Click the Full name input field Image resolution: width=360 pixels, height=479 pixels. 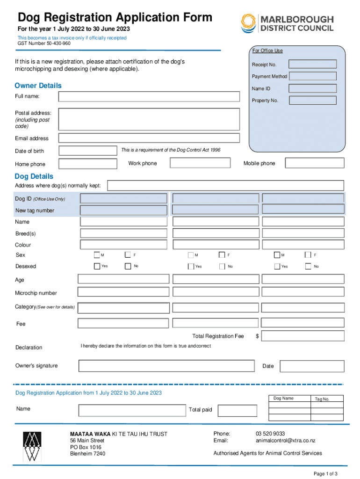click(149, 96)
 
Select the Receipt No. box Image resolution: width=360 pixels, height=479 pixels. click(312, 65)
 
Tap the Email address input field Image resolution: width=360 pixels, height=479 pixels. click(149, 138)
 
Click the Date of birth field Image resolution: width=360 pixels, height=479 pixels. click(87, 151)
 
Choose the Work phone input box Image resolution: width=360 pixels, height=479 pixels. click(200, 163)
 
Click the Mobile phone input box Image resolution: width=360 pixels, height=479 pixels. click(314, 163)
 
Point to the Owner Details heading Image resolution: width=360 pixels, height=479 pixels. click(38, 86)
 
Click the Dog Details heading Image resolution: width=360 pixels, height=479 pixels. click(34, 176)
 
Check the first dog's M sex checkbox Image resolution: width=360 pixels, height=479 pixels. click(97, 255)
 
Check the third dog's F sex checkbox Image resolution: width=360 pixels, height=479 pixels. click(308, 255)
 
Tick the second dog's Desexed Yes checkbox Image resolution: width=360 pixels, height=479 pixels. click(191, 267)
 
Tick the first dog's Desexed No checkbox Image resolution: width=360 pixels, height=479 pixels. click(128, 266)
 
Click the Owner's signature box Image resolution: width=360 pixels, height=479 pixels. click(167, 366)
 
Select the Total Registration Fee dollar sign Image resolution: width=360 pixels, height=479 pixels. click(257, 336)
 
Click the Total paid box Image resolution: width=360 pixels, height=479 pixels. click(238, 410)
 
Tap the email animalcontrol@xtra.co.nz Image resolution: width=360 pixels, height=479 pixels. click(285, 441)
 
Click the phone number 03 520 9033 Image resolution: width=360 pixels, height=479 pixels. click(270, 434)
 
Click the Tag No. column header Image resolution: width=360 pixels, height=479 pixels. click(322, 399)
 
